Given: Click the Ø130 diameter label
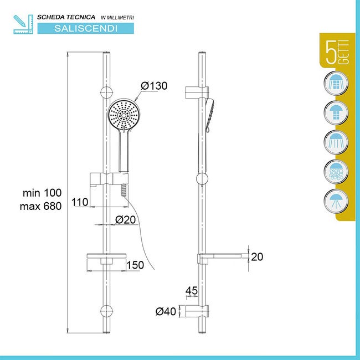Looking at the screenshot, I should click(154, 86).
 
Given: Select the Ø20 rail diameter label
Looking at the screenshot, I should click(125, 219).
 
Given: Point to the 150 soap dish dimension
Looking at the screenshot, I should click(135, 265).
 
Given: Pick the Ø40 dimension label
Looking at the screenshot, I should click(166, 312).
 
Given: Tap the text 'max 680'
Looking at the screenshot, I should click(42, 205).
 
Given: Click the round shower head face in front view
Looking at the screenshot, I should click(125, 115).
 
